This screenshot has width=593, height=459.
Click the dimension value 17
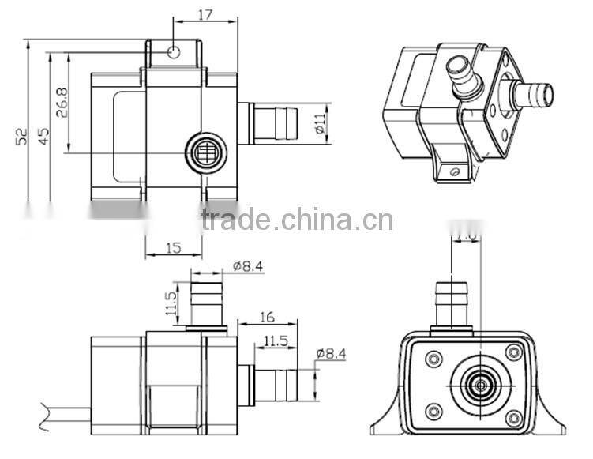205,14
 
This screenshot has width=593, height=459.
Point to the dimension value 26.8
62,102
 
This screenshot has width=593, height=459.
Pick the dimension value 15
173,248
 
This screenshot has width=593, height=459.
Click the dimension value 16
266,317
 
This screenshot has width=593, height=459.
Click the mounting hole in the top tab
174,52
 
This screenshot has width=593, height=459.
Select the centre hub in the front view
479,385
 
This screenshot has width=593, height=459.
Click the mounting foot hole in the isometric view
452,169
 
